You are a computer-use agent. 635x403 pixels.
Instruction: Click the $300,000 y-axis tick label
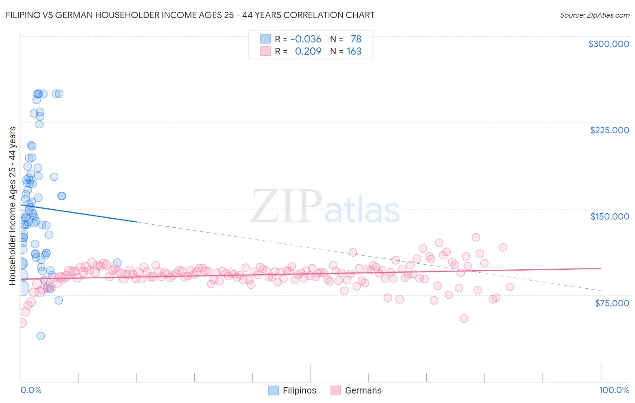[x=608, y=44]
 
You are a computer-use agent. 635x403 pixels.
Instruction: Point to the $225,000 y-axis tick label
[x=609, y=130]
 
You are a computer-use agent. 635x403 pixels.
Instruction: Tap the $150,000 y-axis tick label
[x=609, y=216]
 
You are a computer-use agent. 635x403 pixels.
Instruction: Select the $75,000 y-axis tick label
[x=612, y=303]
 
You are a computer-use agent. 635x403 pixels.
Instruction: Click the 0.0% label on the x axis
[x=31, y=390]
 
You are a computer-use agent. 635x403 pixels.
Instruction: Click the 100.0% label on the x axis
[x=614, y=390]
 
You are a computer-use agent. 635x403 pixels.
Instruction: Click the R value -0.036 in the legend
[x=306, y=39]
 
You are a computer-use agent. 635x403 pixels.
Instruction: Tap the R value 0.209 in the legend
[x=308, y=51]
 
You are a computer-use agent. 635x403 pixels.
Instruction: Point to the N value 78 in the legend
[x=356, y=39]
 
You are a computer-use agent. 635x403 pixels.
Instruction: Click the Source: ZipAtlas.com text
[x=594, y=15]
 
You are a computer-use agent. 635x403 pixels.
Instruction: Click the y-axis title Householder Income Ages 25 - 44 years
[x=13, y=206]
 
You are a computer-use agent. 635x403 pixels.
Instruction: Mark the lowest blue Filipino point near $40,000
[x=40, y=336]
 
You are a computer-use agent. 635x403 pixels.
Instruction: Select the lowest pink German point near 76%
[x=464, y=319]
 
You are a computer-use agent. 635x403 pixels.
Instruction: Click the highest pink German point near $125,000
[x=476, y=237]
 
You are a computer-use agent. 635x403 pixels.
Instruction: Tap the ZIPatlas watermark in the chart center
[x=325, y=207]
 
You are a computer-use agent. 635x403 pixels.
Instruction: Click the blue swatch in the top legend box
[x=265, y=39]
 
